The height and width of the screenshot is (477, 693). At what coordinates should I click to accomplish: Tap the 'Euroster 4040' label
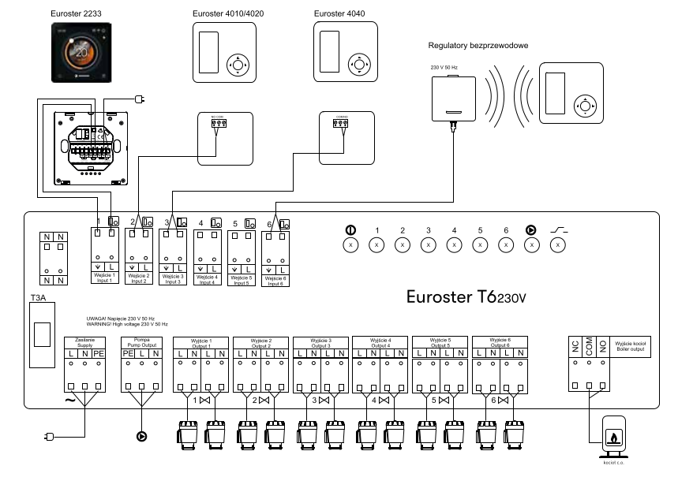click(x=334, y=13)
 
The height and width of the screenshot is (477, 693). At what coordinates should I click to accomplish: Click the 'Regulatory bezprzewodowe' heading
click(x=478, y=46)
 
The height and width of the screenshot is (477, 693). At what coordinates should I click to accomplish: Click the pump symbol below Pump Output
click(x=141, y=434)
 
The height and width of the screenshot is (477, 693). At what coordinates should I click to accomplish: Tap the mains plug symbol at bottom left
click(x=47, y=435)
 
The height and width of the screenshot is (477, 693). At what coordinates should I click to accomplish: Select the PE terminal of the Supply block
click(x=98, y=356)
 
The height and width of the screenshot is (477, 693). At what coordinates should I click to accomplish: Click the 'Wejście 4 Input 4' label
click(x=207, y=279)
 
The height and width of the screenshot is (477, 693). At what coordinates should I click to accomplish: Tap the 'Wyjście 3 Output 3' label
click(x=319, y=342)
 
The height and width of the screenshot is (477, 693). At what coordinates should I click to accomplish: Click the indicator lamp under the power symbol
click(x=350, y=245)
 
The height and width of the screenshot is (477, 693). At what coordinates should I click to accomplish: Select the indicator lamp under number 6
click(x=505, y=245)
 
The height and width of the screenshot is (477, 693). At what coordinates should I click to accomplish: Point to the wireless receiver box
click(x=453, y=98)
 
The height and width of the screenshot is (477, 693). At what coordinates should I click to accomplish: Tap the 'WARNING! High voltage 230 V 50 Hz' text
click(x=128, y=325)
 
